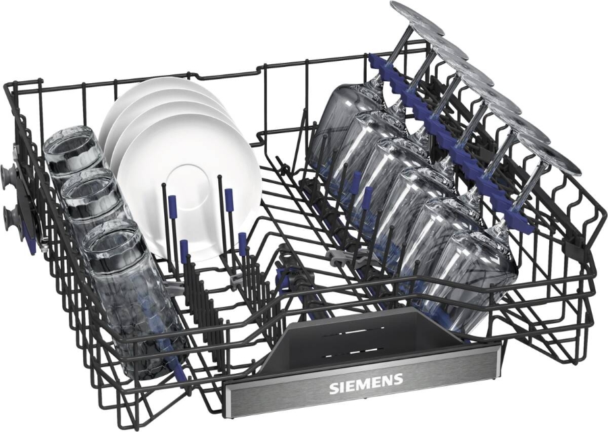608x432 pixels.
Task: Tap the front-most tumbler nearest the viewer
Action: tap(118, 257)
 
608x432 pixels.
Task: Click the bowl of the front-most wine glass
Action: tap(473, 277)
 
